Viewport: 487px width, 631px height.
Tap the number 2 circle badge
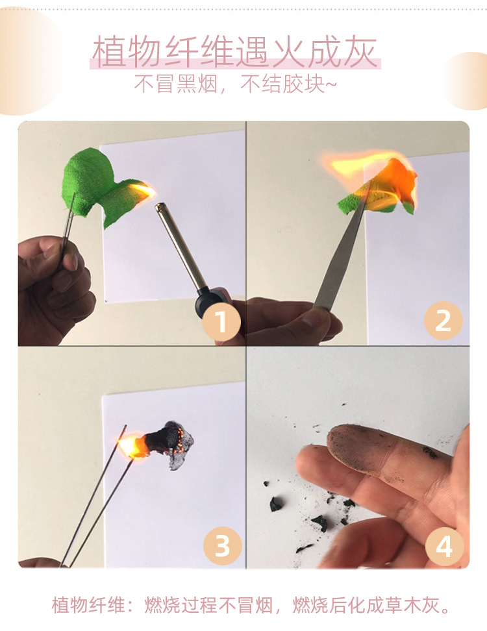pyautogui.click(x=443, y=321)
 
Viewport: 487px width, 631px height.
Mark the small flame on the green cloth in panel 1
pyautogui.click(x=143, y=191)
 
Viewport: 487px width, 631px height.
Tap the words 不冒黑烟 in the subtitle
pyautogui.click(x=175, y=84)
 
